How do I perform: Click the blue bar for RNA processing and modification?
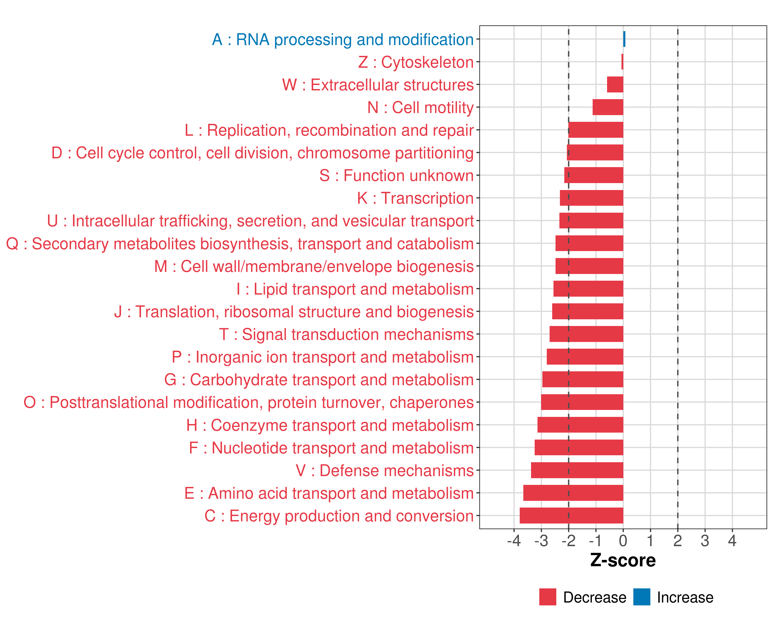coord(624,39)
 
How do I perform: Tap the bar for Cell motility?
coord(608,107)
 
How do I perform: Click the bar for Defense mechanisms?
coord(577,470)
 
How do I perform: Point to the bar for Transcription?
coord(591,198)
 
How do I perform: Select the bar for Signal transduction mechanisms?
coord(586,334)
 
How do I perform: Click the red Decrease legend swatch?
coord(548,597)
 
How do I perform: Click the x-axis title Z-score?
coord(623,560)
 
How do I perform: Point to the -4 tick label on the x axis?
coord(514,540)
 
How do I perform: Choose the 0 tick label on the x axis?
coord(623,540)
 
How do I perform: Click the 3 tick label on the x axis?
coord(705,540)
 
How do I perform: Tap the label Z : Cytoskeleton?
coord(416,62)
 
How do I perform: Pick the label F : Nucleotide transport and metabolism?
coord(331,448)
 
